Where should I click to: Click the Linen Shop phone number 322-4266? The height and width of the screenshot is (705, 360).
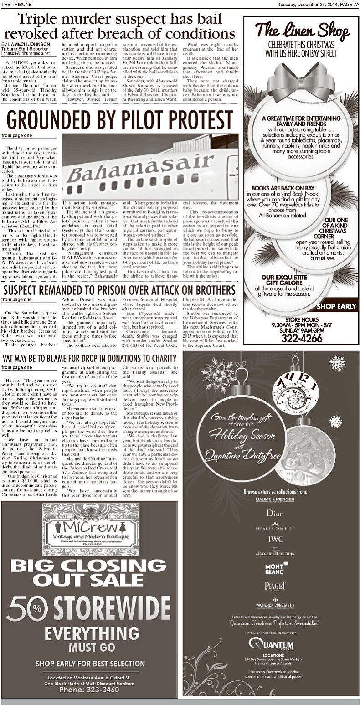pos(301,338)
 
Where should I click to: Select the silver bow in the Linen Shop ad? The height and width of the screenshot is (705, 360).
pos(301,82)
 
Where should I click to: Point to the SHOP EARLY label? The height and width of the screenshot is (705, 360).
pos(336,306)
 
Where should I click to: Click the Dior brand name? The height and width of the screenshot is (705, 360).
pos(274,513)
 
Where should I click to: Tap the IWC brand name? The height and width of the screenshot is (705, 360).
pos(275,539)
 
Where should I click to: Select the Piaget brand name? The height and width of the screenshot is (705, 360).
pos(275,586)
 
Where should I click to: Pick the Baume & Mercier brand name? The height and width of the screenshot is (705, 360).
pos(275,499)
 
